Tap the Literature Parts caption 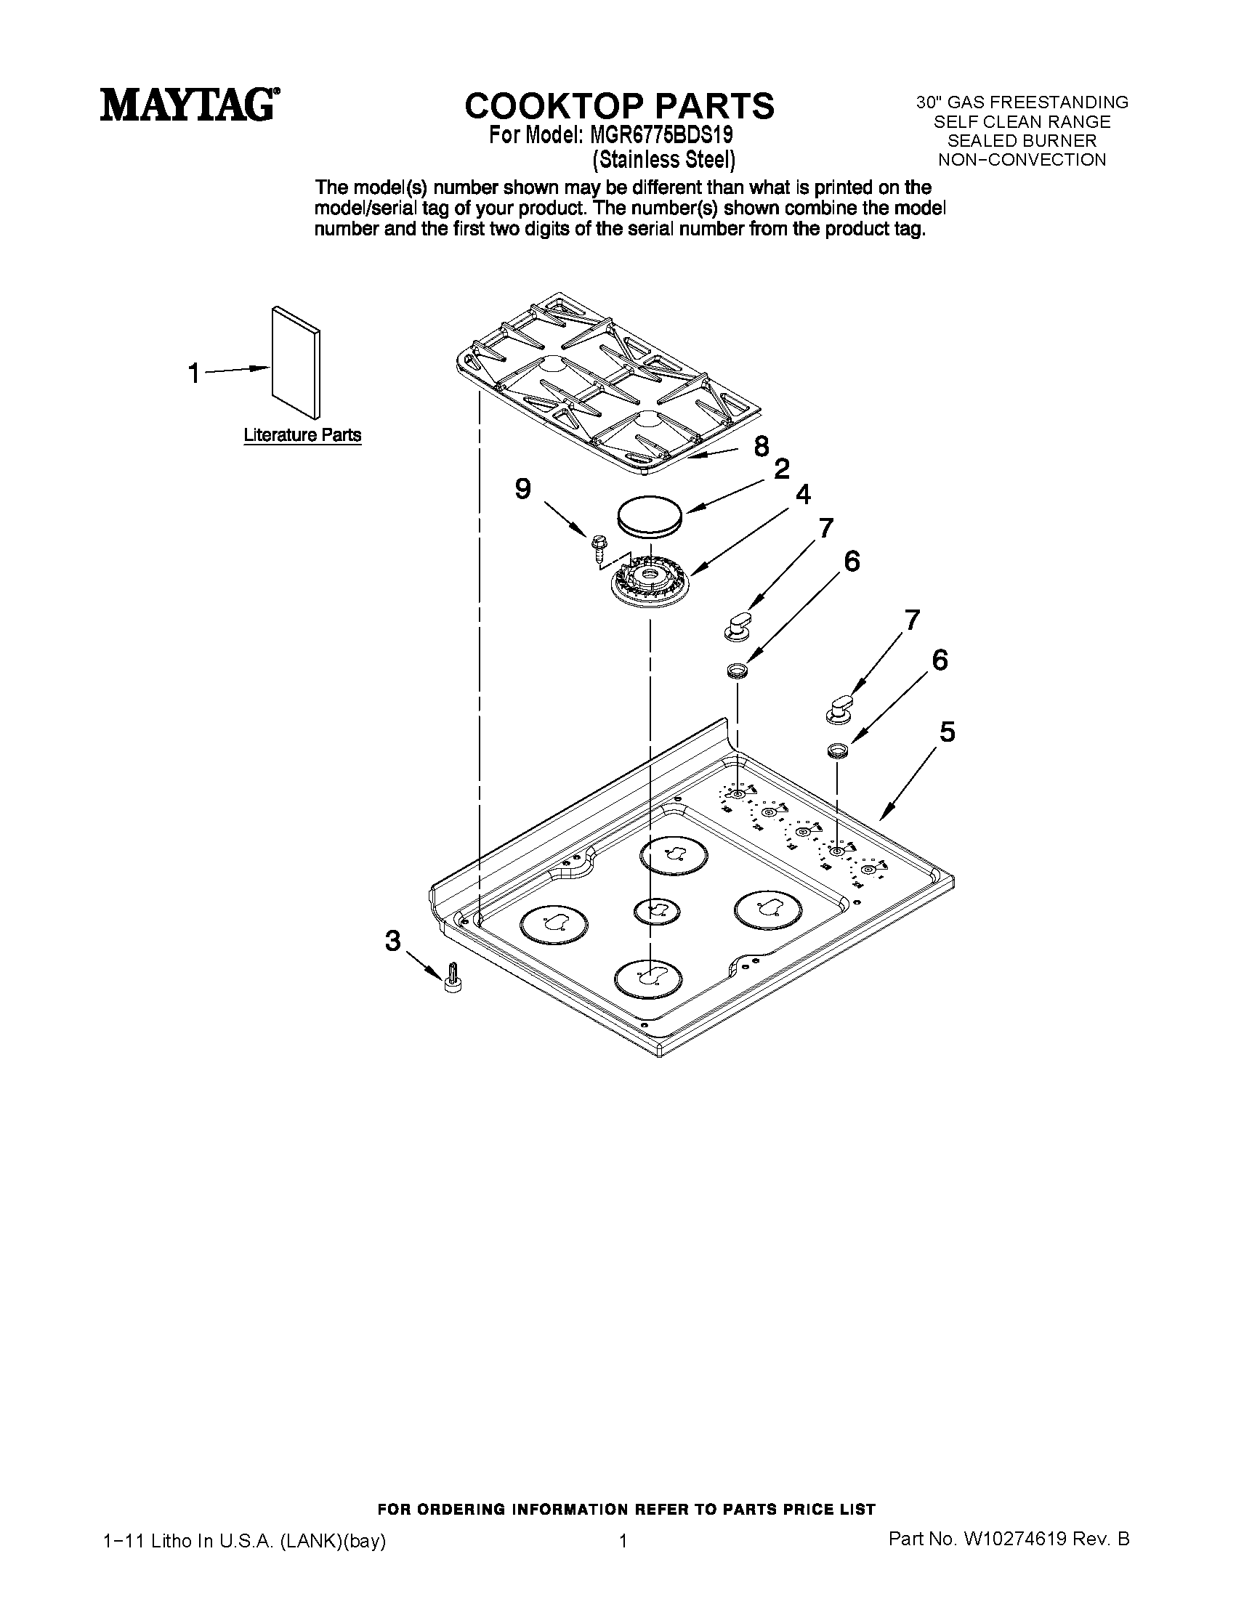click(302, 435)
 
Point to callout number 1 click(193, 373)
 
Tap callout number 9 click(522, 488)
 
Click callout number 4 click(803, 495)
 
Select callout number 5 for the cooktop click(947, 731)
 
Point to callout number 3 click(393, 940)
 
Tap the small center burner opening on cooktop click(655, 910)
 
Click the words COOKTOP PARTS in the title click(620, 105)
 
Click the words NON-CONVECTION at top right click(1022, 160)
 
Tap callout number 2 click(782, 469)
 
